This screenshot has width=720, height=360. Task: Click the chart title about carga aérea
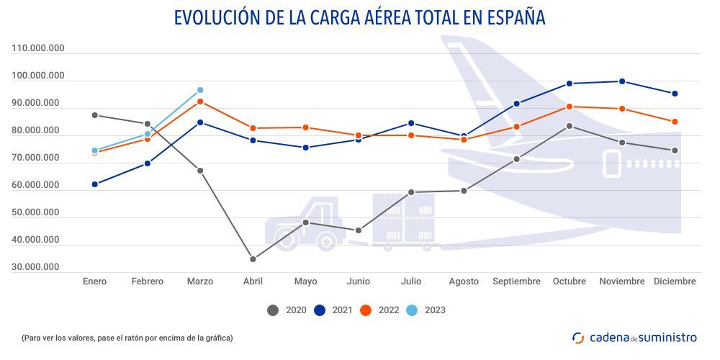(359, 17)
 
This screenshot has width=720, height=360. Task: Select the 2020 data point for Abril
(253, 259)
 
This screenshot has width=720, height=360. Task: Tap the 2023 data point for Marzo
(200, 90)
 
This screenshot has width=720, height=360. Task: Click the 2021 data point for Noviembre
(622, 81)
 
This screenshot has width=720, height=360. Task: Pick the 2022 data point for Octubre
(570, 107)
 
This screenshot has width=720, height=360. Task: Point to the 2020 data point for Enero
(95, 115)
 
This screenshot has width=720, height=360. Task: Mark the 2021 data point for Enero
(95, 184)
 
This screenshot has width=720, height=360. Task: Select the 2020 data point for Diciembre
(675, 150)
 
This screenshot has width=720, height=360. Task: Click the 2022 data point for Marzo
(200, 102)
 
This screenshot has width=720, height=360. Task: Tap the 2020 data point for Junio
(359, 230)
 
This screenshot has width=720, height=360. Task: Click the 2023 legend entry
(426, 310)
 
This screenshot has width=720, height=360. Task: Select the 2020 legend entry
(287, 310)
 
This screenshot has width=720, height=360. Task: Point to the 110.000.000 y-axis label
(38, 48)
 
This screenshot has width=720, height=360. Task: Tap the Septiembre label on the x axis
(516, 282)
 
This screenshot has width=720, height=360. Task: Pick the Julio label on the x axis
(411, 282)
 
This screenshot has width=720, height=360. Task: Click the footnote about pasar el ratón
(127, 337)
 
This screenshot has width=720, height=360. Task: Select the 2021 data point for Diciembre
(675, 94)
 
